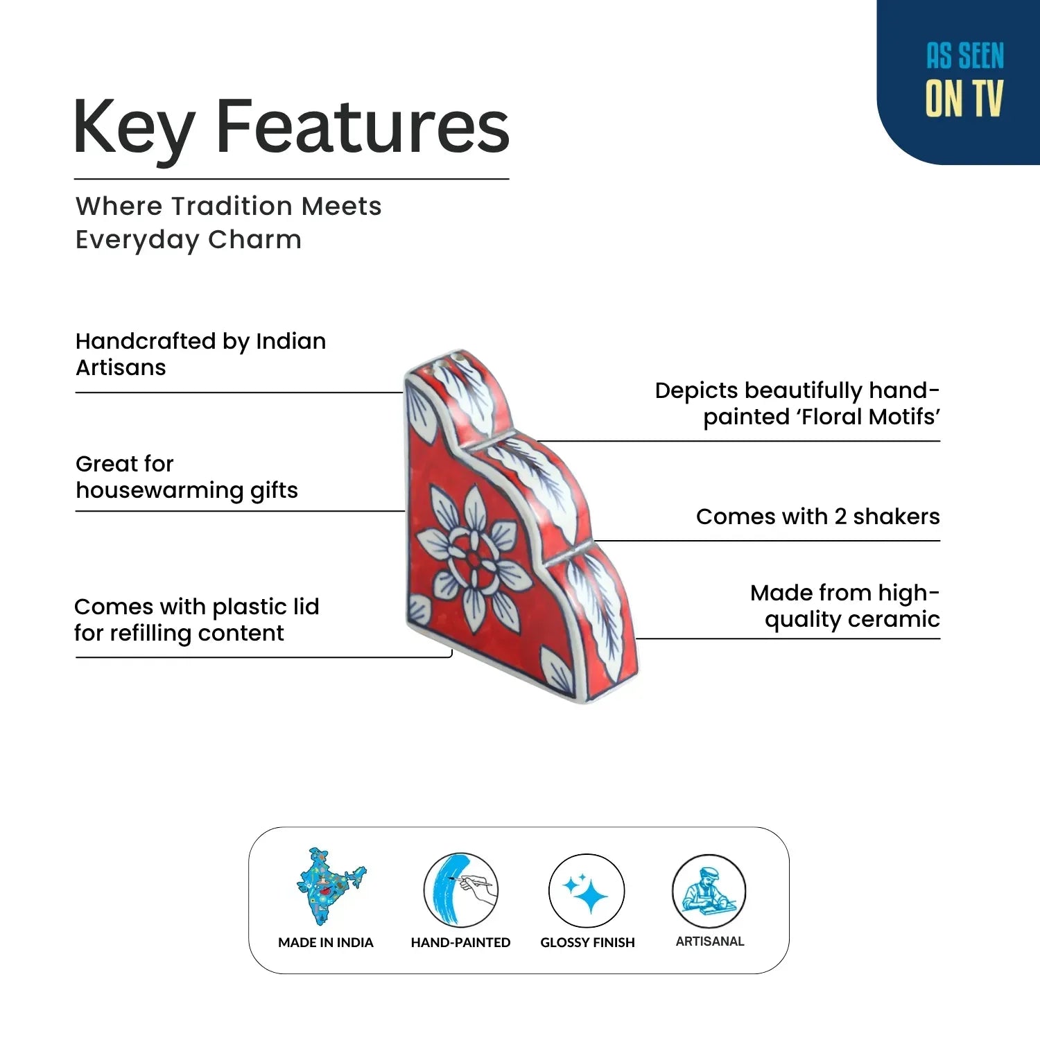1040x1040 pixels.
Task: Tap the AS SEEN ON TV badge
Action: tap(959, 82)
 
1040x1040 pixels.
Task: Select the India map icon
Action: tap(330, 886)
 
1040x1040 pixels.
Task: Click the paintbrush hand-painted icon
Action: tap(460, 890)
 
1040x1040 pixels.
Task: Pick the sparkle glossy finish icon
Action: tap(587, 891)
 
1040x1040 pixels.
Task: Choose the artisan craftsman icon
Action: tap(709, 891)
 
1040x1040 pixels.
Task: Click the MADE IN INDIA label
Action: tap(326, 942)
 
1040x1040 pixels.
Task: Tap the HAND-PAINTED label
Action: tap(460, 942)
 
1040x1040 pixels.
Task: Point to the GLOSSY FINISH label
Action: tap(587, 942)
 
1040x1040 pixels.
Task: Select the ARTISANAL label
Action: tap(710, 941)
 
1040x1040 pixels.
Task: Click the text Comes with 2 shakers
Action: tap(818, 517)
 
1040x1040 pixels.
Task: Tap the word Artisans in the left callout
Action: tap(121, 367)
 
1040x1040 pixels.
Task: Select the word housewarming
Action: tap(160, 490)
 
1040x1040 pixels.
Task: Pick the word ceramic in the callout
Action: tap(899, 619)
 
